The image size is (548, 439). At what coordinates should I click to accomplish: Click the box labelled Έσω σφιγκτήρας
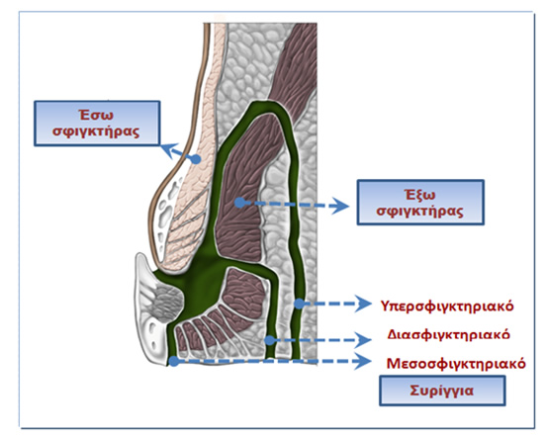(97, 124)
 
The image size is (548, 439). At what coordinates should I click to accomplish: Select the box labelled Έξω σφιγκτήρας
(420, 203)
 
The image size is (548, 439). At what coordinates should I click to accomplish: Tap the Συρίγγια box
(442, 391)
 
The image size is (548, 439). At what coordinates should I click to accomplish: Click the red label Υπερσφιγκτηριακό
(447, 307)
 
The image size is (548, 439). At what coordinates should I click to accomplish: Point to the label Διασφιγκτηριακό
(448, 334)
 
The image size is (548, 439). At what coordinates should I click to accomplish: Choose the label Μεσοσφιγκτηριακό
(456, 364)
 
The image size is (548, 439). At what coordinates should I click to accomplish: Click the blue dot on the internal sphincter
(197, 159)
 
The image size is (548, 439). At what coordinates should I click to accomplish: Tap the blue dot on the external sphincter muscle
(239, 203)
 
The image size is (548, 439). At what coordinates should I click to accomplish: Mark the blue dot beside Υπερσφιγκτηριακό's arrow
(299, 304)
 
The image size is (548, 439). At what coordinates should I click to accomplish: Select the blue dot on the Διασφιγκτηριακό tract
(269, 340)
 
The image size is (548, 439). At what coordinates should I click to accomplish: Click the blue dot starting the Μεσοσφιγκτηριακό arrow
(174, 361)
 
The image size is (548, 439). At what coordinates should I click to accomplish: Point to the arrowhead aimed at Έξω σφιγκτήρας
(340, 206)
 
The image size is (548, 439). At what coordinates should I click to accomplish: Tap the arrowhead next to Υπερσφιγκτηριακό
(363, 304)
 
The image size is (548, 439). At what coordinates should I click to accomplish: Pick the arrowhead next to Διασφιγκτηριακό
(363, 340)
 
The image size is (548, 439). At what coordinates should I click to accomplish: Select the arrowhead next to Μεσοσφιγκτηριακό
(363, 361)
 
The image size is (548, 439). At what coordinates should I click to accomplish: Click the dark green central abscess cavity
(202, 281)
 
